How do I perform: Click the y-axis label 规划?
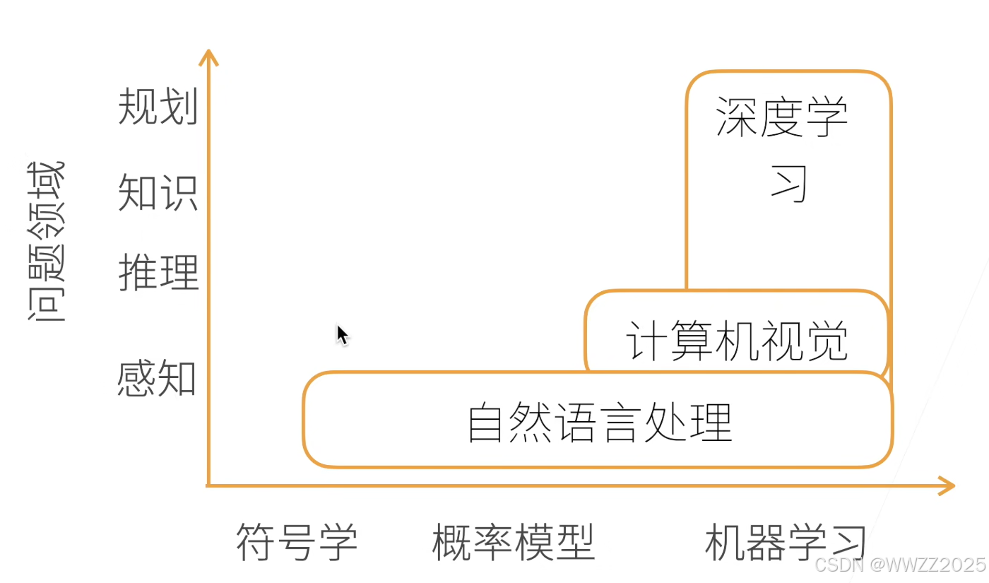[x=158, y=107]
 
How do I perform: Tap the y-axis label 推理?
[x=158, y=272]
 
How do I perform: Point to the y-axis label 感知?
[x=157, y=378]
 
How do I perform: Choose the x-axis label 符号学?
[x=297, y=543]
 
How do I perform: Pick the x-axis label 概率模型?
[x=514, y=543]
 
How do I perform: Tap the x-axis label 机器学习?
[x=786, y=543]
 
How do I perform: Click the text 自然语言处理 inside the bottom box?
[x=600, y=422]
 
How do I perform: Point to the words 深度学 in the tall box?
[x=782, y=117]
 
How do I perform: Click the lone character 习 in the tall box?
[x=789, y=184]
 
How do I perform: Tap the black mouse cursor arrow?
[x=342, y=334]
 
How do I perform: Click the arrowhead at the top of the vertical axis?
[x=208, y=57]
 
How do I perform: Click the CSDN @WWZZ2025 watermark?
[x=899, y=565]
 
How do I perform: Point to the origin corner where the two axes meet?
[x=208, y=485]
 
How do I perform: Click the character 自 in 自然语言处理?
[x=487, y=422]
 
